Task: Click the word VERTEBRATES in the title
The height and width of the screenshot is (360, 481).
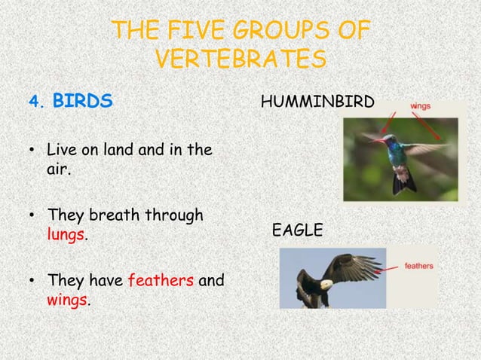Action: (x=240, y=59)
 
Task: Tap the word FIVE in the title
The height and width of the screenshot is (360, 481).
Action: (x=196, y=31)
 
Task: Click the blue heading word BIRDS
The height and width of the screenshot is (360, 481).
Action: (x=82, y=100)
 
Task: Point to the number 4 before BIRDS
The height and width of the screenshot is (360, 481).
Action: (x=32, y=101)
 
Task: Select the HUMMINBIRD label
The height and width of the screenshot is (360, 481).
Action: (x=317, y=101)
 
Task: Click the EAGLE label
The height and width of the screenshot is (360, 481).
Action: (x=297, y=230)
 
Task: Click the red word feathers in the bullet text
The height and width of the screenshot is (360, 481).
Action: (x=161, y=281)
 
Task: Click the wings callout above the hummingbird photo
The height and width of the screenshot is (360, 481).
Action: (x=421, y=106)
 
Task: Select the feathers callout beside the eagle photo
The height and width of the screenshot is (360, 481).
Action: (x=419, y=266)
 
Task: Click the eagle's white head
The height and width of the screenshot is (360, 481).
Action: (x=323, y=285)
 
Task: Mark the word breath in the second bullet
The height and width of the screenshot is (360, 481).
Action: (x=113, y=215)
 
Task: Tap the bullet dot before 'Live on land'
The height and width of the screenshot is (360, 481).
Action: (x=32, y=151)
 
